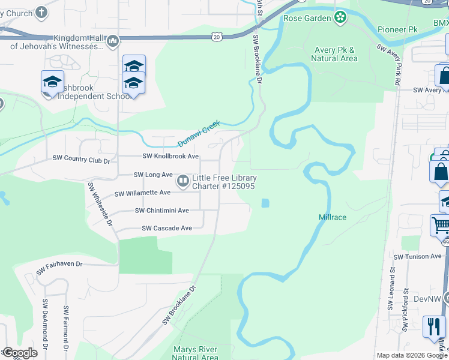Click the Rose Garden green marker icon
tap(341, 17)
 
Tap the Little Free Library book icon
tap(182, 180)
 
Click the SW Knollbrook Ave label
tap(170, 156)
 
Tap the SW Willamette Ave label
tap(142, 193)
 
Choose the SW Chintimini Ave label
tap(161, 211)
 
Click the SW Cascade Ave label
tap(166, 228)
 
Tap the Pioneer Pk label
tap(397, 29)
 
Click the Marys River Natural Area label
tap(195, 353)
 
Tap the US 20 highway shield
tap(216, 37)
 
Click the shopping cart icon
tap(441, 227)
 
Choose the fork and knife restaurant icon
tap(433, 326)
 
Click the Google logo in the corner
tap(19, 353)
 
